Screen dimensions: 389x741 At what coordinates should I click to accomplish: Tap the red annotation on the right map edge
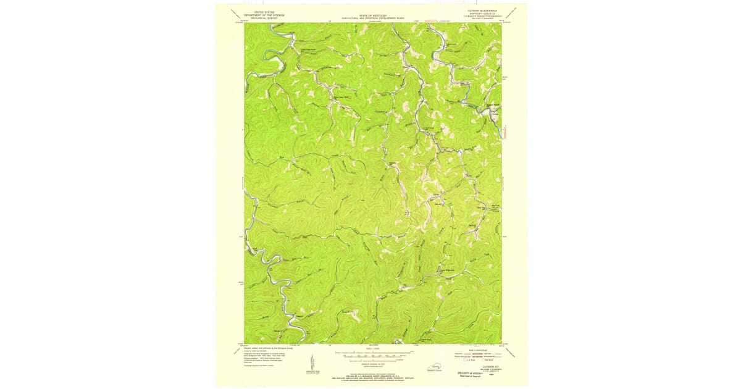506,131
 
